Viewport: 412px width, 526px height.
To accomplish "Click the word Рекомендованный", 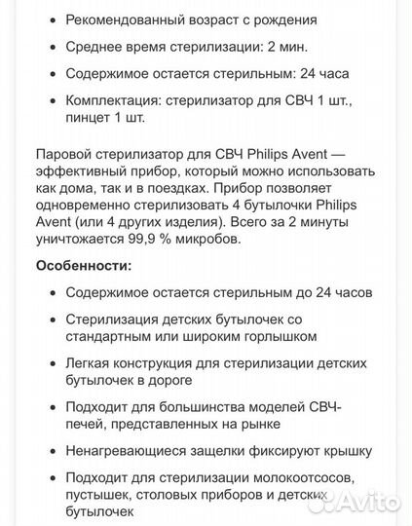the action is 124,20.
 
